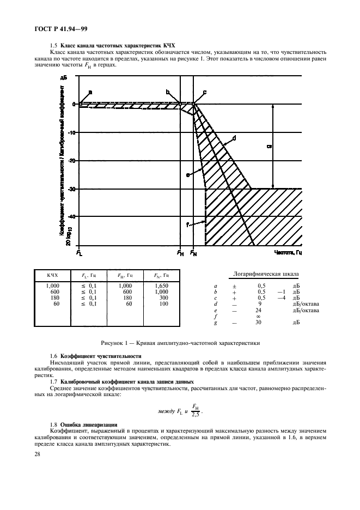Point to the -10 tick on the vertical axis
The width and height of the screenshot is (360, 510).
pos(72,132)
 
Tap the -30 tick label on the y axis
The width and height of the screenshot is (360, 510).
pos(72,189)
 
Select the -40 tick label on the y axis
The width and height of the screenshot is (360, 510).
pos(72,217)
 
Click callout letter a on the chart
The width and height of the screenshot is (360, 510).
pos(90,92)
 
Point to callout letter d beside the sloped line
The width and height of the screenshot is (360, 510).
pos(234,139)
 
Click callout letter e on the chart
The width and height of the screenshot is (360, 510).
pos(187,175)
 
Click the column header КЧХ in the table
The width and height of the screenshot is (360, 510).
pos(52,275)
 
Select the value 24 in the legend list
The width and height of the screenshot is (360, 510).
pos(259,311)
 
